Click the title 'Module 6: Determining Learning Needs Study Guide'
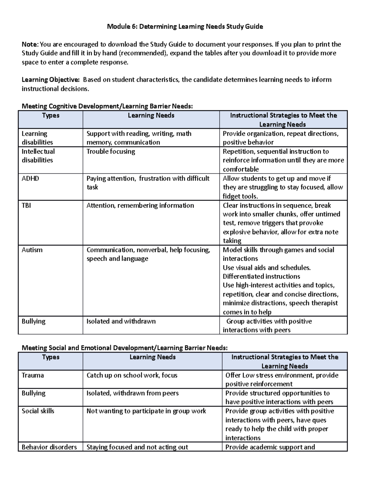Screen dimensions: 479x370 pyautogui.click(x=185, y=27)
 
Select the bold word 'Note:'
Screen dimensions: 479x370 pyautogui.click(x=30, y=44)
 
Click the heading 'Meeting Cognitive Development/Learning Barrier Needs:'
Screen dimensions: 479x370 pyautogui.click(x=107, y=106)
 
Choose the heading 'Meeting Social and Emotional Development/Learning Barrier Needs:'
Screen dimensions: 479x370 pyautogui.click(x=125, y=348)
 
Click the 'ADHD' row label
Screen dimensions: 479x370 pyautogui.click(x=30, y=179)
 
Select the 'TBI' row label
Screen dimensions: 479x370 pyautogui.click(x=26, y=205)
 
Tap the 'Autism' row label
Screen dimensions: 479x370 pyautogui.click(x=32, y=250)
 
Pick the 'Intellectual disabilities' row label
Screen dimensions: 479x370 pyautogui.click(x=38, y=156)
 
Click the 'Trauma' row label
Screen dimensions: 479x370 pyautogui.click(x=33, y=375)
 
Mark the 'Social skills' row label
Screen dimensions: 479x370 pyautogui.click(x=38, y=411)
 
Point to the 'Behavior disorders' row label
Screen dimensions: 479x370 pyautogui.click(x=49, y=447)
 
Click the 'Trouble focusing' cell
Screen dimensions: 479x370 pyautogui.click(x=111, y=151)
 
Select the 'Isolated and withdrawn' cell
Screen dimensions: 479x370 pyautogui.click(x=121, y=321)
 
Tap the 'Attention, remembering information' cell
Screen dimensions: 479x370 pyautogui.click(x=140, y=205)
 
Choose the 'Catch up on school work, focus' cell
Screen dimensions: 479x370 pyautogui.click(x=132, y=375)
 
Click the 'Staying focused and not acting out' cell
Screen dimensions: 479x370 pyautogui.click(x=137, y=447)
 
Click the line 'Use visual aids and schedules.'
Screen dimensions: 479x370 pyautogui.click(x=267, y=268)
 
